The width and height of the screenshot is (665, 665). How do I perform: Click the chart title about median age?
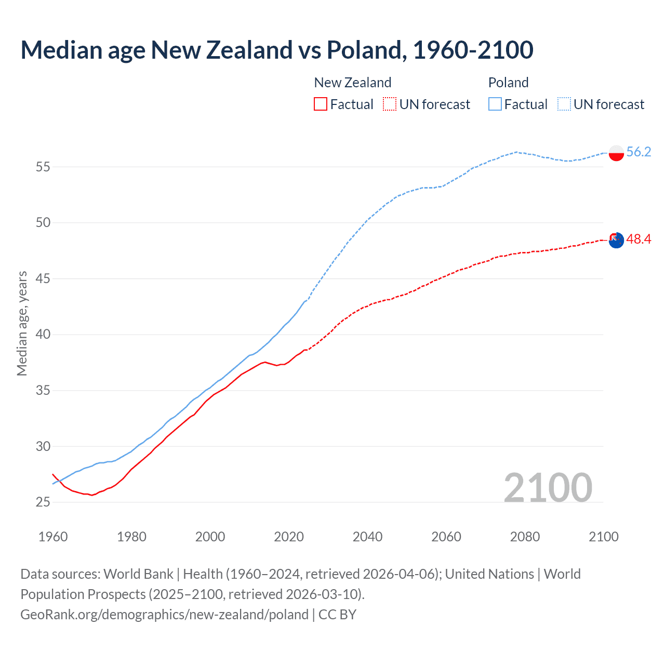point(277,50)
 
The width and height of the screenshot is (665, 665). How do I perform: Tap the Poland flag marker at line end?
point(616,153)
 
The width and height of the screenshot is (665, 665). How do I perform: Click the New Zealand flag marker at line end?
point(616,240)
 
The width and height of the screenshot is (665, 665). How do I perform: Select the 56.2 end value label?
point(639,152)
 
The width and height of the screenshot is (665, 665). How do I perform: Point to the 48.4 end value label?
point(639,239)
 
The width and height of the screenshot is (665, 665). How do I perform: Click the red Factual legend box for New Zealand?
point(321,104)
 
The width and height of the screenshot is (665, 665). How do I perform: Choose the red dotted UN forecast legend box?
point(390,104)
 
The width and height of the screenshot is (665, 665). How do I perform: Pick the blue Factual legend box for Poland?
point(495,104)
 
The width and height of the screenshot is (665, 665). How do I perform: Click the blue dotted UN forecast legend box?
point(564,104)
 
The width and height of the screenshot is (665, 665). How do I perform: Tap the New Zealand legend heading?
point(352,83)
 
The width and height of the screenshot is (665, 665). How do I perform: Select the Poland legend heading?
point(508,83)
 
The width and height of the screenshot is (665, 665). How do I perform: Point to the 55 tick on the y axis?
point(43,167)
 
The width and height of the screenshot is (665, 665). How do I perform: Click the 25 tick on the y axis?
point(43,502)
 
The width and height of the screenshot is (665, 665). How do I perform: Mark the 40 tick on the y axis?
point(43,335)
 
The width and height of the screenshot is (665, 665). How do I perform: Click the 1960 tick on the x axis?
point(53,537)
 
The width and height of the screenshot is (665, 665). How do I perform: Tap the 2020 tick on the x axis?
point(289,537)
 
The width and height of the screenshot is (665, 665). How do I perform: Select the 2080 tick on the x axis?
point(525,537)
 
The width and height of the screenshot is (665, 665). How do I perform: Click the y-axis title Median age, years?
point(22,323)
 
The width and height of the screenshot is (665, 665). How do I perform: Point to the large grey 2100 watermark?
point(548,487)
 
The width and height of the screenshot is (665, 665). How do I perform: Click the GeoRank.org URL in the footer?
point(164,615)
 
